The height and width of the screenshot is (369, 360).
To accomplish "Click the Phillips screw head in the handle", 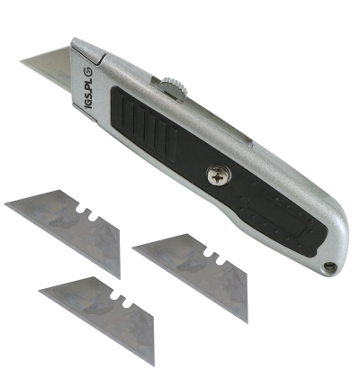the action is coord(219,175).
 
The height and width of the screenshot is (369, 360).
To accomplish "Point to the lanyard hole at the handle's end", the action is coord(329,266).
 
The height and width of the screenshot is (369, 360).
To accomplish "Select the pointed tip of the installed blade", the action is coord(21,61).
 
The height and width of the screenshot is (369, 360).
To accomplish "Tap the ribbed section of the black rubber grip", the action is coord(145,124).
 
